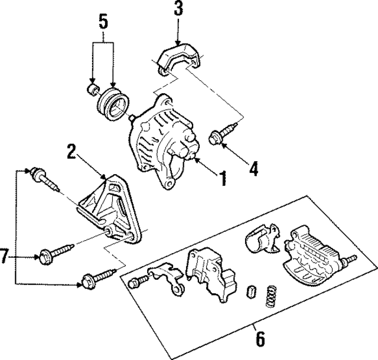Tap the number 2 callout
71,152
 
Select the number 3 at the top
178,10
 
